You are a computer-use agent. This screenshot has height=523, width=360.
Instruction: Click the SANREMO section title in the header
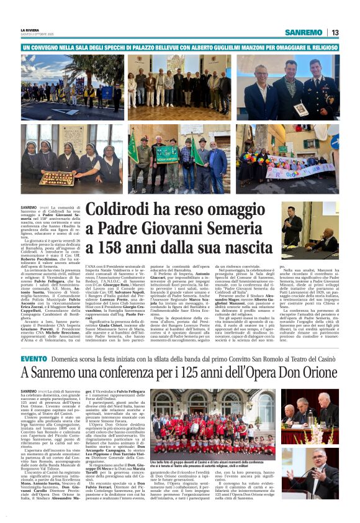[304, 32]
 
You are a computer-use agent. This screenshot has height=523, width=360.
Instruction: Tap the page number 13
[335, 32]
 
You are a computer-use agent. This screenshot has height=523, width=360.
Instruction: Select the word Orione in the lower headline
[322, 374]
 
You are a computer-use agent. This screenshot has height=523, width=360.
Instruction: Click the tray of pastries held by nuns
[56, 178]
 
